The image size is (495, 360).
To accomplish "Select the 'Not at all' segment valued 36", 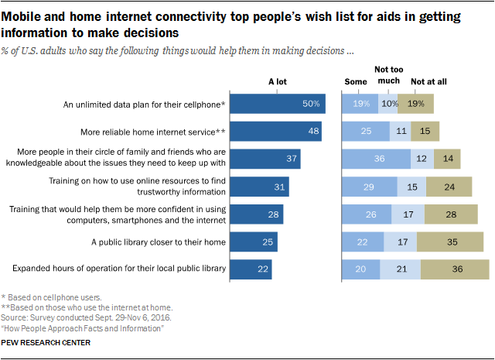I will click(455, 269).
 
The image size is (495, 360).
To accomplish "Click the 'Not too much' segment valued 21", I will click(401, 269).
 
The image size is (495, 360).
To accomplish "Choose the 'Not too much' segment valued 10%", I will click(388, 104).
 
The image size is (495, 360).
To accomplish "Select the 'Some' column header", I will click(357, 81).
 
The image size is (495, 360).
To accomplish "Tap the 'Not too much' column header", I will click(390, 75).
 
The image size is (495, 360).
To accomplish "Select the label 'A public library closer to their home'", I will click(148, 242).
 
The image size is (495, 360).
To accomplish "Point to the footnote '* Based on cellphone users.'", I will click(53, 297).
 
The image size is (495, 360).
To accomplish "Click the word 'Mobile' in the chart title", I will click(27, 15).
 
